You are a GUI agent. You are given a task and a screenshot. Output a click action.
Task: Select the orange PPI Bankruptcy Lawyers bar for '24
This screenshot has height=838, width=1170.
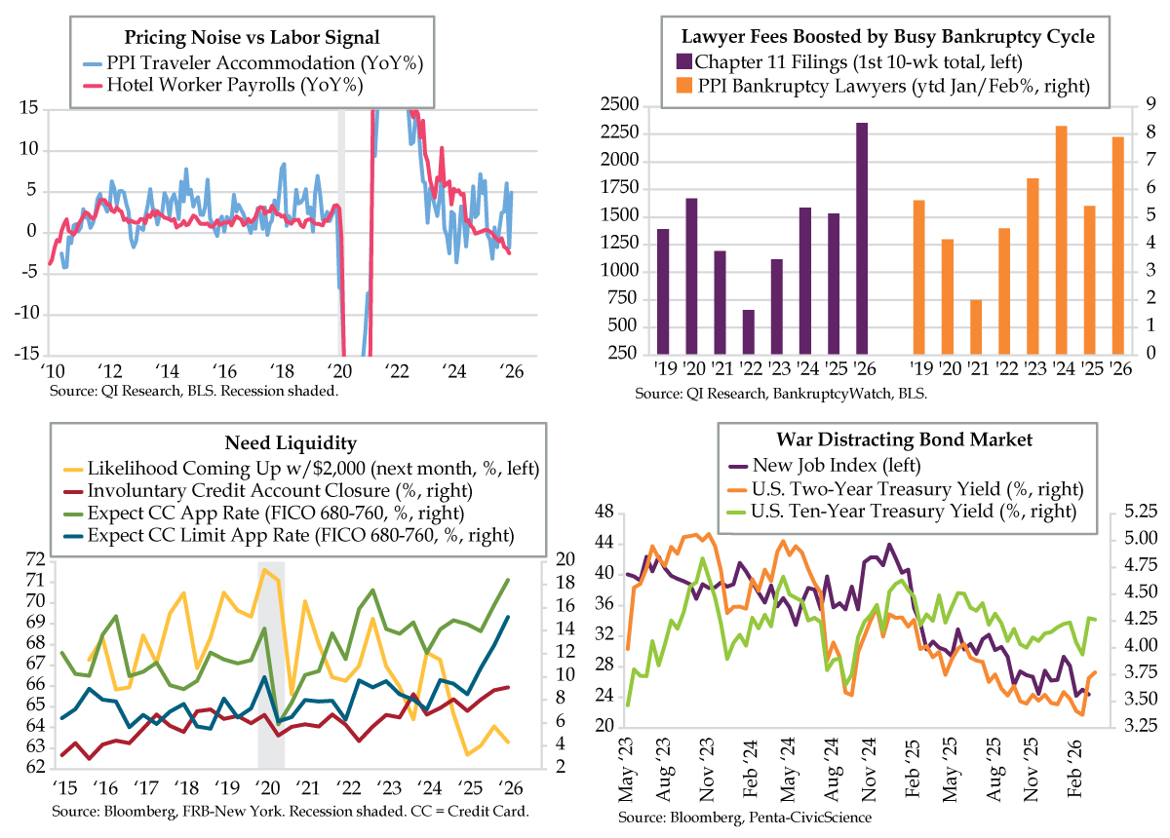click(1061, 240)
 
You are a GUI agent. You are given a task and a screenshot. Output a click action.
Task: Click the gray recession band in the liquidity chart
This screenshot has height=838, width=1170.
click(271, 663)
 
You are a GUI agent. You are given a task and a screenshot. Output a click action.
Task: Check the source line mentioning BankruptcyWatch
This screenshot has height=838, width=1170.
click(780, 394)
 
